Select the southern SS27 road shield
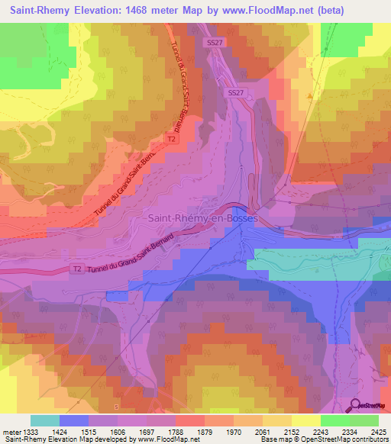pos(235,92)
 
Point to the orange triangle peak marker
pos(309,96)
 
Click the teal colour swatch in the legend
pos(44,420)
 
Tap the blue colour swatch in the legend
pos(73,420)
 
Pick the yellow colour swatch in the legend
pos(305,420)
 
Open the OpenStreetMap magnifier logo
pos(356,406)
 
